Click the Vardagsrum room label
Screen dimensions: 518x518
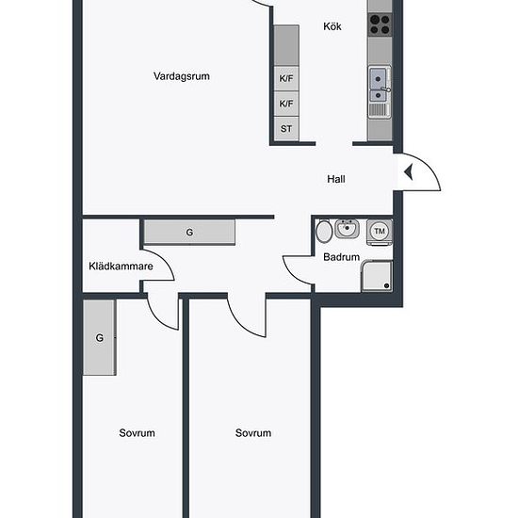[x=182, y=76]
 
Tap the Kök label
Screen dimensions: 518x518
[x=332, y=26]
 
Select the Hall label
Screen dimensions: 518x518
[x=336, y=179]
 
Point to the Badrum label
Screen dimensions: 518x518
[x=341, y=257]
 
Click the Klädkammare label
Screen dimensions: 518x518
[x=121, y=267]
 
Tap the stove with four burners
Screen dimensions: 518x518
[x=380, y=24]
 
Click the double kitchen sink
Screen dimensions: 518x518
[x=378, y=84]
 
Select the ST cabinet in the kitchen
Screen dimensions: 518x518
[x=286, y=128]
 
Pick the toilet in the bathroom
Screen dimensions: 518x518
[x=324, y=231]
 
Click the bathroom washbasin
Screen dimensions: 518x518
[x=347, y=228]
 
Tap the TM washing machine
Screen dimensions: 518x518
[x=380, y=232]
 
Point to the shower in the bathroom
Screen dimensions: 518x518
[x=377, y=276]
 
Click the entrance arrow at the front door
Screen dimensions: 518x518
[x=409, y=172]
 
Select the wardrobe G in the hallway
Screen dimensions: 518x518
[x=189, y=233]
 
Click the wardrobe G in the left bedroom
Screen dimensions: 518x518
[x=99, y=337]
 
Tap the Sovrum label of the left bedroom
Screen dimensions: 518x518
[x=137, y=433]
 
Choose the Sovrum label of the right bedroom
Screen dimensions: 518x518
[x=253, y=433]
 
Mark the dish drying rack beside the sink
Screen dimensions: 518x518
[x=378, y=110]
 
